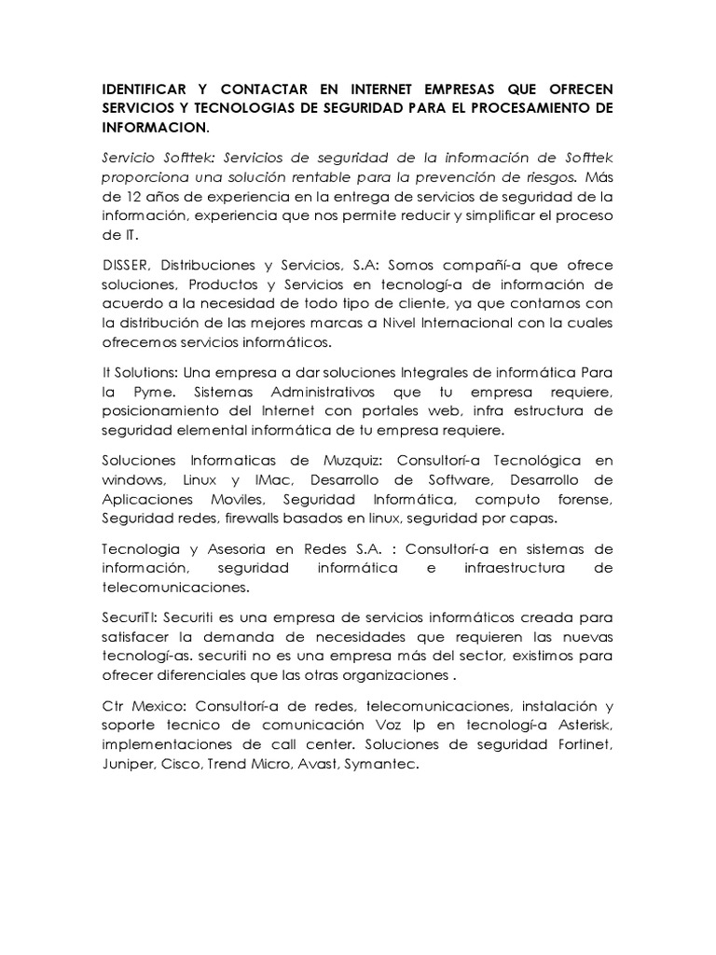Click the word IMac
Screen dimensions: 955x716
273,479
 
